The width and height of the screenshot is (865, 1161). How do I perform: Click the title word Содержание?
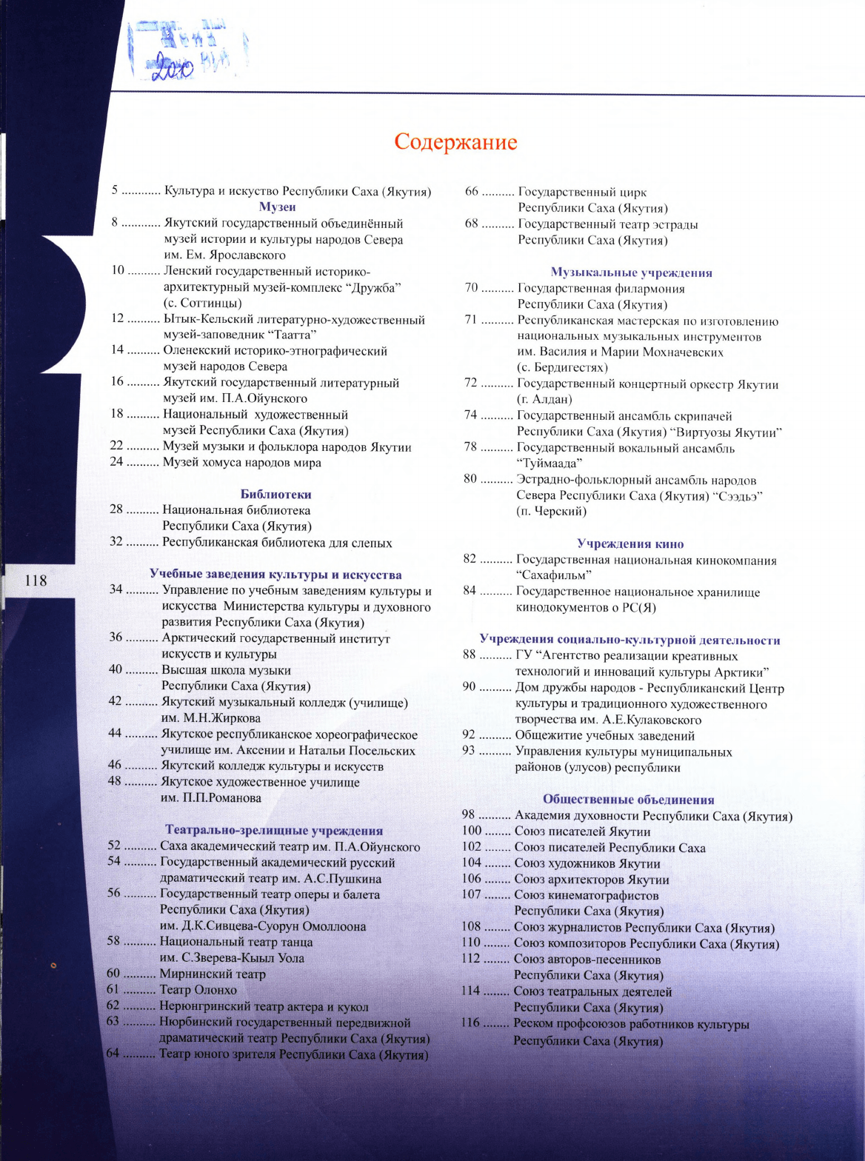click(x=455, y=141)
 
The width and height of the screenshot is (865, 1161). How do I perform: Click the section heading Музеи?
click(x=278, y=207)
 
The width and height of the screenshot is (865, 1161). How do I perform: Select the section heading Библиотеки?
click(x=275, y=495)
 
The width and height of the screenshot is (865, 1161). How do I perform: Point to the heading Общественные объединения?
click(x=628, y=800)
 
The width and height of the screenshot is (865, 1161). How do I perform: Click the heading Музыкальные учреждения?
click(x=631, y=272)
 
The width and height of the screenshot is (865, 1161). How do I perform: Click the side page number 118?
click(x=36, y=580)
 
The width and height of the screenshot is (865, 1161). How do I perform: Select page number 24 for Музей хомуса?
click(x=118, y=463)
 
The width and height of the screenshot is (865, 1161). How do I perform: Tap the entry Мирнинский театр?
click(x=213, y=974)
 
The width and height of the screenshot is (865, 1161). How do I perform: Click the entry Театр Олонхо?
click(x=198, y=990)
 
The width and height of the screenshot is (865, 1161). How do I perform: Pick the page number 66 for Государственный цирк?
click(x=472, y=193)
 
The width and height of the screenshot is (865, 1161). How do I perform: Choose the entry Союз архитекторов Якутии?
click(x=592, y=880)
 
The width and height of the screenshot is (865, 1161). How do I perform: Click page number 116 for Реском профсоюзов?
click(x=471, y=1025)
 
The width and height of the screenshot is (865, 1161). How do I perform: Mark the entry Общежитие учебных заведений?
click(x=604, y=736)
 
